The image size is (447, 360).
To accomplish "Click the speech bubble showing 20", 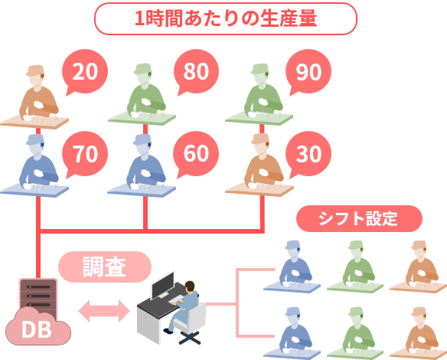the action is [x=85, y=71].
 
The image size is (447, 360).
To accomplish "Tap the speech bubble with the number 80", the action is [x=196, y=71].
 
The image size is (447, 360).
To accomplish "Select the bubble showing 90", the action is [x=308, y=71].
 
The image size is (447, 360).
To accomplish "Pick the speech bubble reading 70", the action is [x=85, y=154].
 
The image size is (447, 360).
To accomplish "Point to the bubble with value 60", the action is [x=196, y=154].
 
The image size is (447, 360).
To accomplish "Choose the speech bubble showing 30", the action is [x=308, y=154].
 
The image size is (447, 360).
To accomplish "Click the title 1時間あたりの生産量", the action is [x=226, y=18].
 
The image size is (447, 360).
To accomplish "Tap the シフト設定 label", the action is [x=359, y=218].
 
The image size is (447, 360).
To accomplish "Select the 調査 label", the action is [x=105, y=267].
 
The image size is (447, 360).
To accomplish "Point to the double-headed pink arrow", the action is [x=104, y=311].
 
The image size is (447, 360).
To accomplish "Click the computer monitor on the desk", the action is [x=162, y=285].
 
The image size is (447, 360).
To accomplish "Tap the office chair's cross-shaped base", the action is [x=190, y=337].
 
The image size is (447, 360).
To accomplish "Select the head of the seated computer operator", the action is [x=190, y=286].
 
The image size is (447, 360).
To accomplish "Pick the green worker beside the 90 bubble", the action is [x=263, y=91].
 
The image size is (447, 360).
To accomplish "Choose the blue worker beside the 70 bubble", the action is [x=38, y=162].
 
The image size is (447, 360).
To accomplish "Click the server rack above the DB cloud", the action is [x=38, y=295].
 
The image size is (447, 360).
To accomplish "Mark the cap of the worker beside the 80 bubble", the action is [x=143, y=69].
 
